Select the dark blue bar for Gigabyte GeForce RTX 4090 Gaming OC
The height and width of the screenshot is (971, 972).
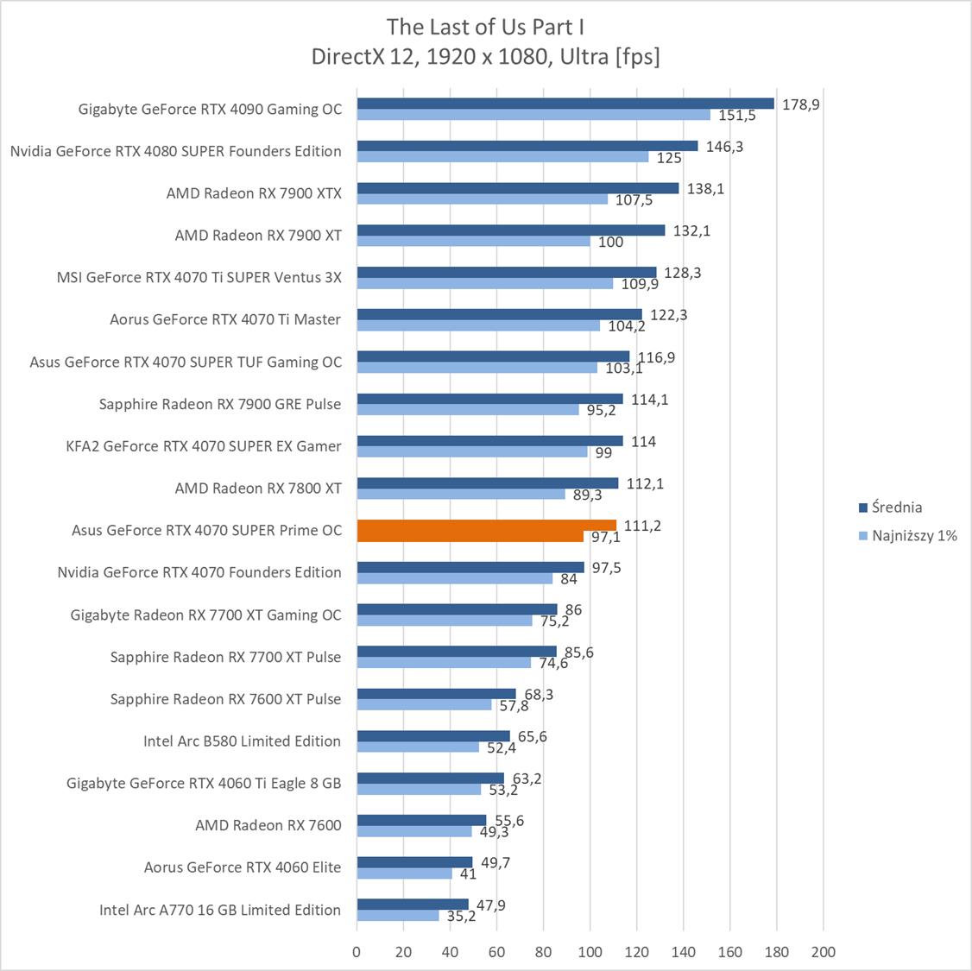tap(565, 104)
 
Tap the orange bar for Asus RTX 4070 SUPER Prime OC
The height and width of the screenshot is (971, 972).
tap(486, 526)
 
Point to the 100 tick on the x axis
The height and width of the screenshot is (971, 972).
tap(590, 952)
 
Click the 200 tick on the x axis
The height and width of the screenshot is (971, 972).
tap(824, 952)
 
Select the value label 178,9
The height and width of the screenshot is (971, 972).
tap(801, 104)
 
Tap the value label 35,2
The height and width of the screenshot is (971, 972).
tap(462, 916)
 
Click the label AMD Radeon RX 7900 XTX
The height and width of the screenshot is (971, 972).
tap(254, 193)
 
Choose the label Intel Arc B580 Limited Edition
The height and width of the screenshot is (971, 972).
tap(242, 741)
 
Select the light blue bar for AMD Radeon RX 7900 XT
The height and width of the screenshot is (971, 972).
tap(473, 242)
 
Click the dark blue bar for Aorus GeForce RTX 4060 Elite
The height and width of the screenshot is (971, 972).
tap(414, 861)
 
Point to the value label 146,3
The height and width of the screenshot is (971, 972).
tap(724, 147)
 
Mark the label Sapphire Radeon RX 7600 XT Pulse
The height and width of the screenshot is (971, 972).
tap(225, 699)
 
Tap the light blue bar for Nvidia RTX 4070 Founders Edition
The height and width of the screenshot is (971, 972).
tap(455, 578)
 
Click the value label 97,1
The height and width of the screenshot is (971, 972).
tap(605, 537)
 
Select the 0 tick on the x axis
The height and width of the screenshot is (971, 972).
tap(357, 952)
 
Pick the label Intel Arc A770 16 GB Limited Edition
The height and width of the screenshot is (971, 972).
tap(220, 910)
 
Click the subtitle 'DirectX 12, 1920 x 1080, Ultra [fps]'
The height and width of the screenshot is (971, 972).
tap(486, 57)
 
